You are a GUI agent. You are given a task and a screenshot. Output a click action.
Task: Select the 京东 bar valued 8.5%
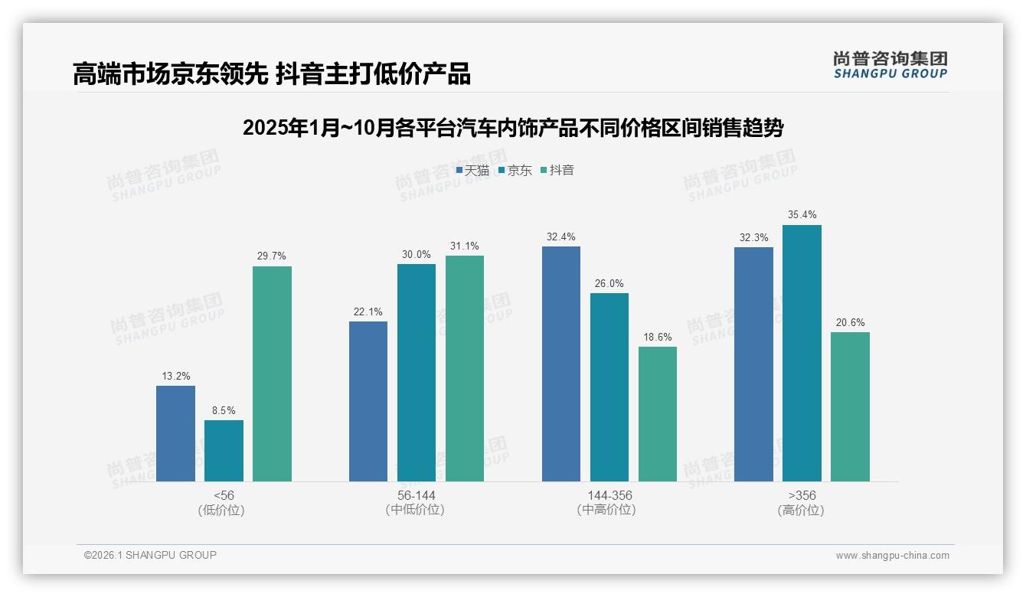224,451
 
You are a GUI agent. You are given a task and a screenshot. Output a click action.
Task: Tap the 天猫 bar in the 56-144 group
368,401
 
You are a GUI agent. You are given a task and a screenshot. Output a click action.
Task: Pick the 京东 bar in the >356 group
802,353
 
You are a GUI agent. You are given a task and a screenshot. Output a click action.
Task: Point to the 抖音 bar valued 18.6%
658,414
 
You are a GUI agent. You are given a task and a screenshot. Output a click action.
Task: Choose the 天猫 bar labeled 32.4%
561,364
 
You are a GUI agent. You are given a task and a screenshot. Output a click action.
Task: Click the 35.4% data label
802,215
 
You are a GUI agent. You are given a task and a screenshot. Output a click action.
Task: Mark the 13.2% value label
176,376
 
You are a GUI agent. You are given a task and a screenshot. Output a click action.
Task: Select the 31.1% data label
465,246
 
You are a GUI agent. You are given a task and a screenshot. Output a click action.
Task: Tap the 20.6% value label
850,322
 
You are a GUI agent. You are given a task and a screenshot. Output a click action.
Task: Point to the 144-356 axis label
609,495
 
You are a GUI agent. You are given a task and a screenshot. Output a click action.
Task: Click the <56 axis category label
224,495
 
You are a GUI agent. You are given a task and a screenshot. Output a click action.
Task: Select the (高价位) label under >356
801,511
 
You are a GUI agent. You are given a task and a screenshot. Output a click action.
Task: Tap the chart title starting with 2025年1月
513,128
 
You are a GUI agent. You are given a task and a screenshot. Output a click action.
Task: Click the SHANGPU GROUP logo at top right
890,65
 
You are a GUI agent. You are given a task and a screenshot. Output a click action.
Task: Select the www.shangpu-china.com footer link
892,556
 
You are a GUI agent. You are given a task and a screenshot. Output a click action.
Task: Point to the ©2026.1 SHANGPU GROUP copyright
150,555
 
